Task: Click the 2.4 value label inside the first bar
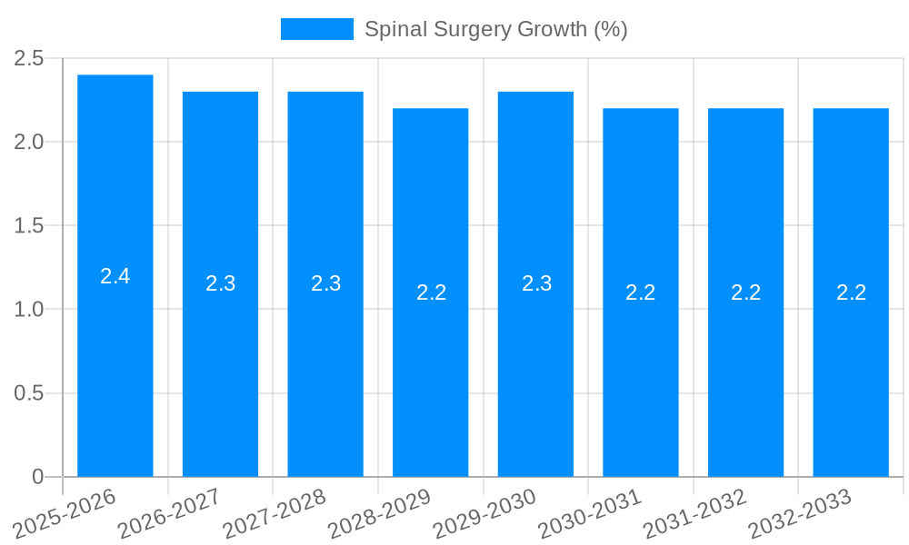[115, 276]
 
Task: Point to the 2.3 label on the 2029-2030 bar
[536, 283]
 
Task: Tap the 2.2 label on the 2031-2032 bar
[745, 292]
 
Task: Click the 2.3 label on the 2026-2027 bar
[220, 283]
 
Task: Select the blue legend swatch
[316, 29]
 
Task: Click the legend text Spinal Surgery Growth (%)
[495, 29]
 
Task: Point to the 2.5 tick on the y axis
[29, 58]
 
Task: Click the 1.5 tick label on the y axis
[29, 225]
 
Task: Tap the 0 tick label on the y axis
[37, 477]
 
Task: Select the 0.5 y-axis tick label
[29, 393]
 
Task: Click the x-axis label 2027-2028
[275, 514]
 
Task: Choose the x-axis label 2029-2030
[485, 514]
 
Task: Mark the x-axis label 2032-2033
[800, 514]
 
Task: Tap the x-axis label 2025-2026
[65, 514]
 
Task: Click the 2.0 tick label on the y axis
[29, 142]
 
